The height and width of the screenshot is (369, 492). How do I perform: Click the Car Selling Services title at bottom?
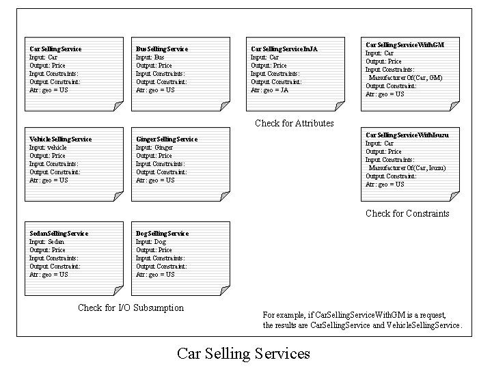tap(243, 353)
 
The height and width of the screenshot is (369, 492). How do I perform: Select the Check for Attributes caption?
tap(294, 123)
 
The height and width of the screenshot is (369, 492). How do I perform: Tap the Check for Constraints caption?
tap(407, 213)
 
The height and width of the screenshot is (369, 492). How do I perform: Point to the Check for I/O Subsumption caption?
tap(131, 307)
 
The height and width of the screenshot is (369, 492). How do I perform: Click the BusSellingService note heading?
tap(161, 49)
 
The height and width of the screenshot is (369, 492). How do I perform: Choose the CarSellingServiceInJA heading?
tap(284, 49)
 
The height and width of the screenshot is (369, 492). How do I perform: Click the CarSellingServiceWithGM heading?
tap(405, 44)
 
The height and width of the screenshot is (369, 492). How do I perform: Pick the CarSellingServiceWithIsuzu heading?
tap(407, 135)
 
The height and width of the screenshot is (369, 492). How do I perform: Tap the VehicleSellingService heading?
tap(60, 139)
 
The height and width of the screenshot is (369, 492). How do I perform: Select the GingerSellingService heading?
tap(167, 139)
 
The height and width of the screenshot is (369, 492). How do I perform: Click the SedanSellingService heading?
tap(58, 234)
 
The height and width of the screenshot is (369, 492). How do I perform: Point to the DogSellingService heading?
tap(162, 234)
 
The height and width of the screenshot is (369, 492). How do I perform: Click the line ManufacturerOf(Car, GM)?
tap(405, 78)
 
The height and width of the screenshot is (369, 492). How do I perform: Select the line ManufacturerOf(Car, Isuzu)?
tap(407, 168)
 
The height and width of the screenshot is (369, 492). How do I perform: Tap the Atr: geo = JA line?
tap(269, 90)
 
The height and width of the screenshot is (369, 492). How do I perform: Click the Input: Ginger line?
tap(154, 148)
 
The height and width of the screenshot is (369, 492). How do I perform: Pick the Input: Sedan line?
tap(48, 242)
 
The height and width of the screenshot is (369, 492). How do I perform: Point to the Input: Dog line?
tap(150, 242)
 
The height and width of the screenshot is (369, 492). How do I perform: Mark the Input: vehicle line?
tap(48, 148)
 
